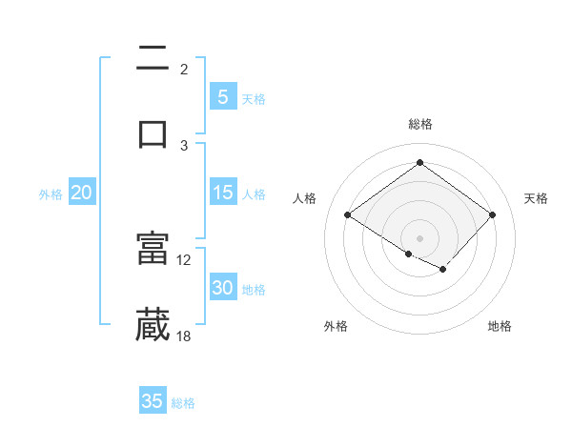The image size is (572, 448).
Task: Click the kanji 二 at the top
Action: (153, 59)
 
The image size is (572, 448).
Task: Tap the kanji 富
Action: (153, 249)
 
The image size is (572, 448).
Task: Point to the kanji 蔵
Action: (153, 324)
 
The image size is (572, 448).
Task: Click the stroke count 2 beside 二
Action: (184, 69)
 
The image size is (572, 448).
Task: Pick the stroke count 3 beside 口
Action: (184, 145)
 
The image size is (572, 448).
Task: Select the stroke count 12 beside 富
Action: (184, 259)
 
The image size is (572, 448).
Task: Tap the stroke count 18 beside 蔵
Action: (184, 336)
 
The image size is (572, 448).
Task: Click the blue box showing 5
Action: (223, 97)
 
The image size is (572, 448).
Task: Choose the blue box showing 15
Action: (223, 193)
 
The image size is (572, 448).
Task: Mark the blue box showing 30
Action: (223, 288)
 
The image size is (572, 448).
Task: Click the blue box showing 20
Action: (82, 193)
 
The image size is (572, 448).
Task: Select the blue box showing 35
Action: (153, 401)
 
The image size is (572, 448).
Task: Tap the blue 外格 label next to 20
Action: (51, 194)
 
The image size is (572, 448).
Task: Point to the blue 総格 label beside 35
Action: (183, 403)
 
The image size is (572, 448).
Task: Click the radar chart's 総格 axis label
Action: (419, 125)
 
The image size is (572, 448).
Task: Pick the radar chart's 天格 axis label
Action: (536, 198)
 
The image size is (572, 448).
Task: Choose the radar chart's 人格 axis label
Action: (304, 198)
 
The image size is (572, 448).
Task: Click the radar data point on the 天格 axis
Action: (492, 214)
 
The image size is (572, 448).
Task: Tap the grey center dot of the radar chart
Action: (419, 237)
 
